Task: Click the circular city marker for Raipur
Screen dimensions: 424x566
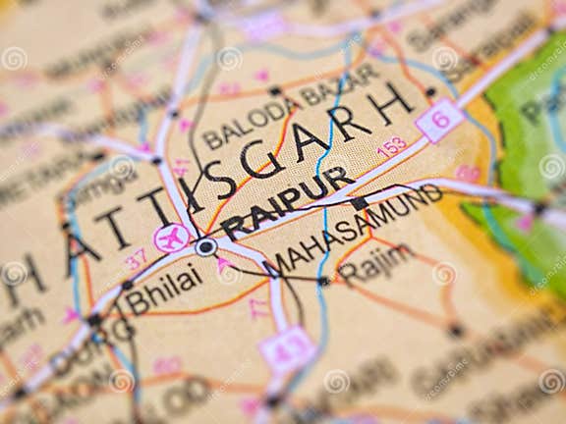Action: [x=205, y=247]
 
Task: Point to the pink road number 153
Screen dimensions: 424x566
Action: [x=391, y=147]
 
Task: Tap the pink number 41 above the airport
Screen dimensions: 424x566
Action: [x=182, y=168]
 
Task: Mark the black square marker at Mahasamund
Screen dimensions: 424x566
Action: [x=360, y=203]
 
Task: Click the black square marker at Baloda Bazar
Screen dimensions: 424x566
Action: [x=274, y=90]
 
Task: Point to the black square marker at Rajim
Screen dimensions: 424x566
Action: [x=323, y=281]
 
